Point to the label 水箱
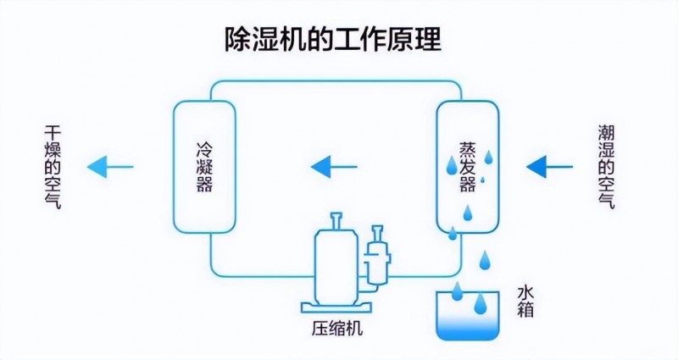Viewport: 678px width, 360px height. (525, 303)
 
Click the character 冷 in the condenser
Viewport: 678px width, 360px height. (203, 143)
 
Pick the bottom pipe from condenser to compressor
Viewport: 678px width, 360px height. (254, 277)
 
